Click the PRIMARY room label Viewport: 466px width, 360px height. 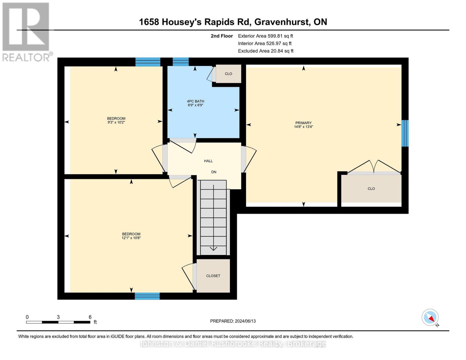click(x=303, y=123)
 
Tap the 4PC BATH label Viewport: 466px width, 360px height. click(x=195, y=101)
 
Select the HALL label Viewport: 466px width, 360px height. click(x=208, y=161)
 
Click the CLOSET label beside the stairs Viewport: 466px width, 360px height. click(x=213, y=276)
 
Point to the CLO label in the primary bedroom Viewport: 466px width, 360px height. click(x=371, y=189)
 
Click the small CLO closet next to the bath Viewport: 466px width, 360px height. click(x=228, y=74)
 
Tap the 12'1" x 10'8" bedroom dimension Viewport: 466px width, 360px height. click(x=131, y=238)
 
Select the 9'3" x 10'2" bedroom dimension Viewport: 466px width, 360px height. click(x=116, y=122)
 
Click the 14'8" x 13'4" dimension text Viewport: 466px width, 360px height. click(x=303, y=127)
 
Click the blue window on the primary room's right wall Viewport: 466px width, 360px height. click(x=405, y=133)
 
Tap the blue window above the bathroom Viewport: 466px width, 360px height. click(x=181, y=62)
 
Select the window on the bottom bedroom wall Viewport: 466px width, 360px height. click(x=147, y=296)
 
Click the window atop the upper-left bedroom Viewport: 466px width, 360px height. click(x=148, y=62)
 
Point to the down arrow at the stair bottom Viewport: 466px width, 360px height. click(x=213, y=248)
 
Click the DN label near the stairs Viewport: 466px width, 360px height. click(x=214, y=172)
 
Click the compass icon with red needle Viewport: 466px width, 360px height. click(x=430, y=317)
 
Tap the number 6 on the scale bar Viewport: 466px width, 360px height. click(x=90, y=317)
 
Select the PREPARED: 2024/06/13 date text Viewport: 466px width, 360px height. click(x=233, y=321)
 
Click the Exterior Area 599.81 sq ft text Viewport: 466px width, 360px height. click(x=265, y=36)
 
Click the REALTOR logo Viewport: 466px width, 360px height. click(x=26, y=31)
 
